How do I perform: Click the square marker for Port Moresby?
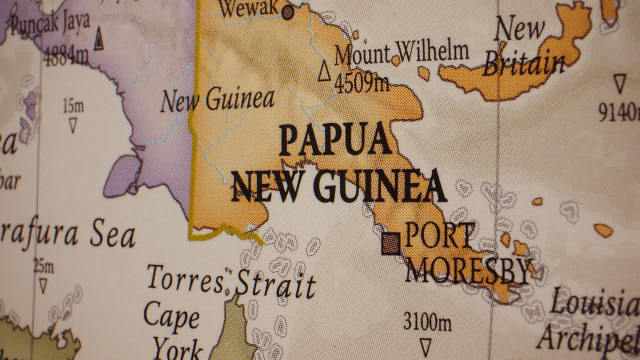(391, 243)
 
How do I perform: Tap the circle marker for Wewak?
(287, 11)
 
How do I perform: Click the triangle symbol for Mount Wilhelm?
(324, 71)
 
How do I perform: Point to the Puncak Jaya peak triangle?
(98, 39)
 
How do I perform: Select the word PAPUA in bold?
(335, 139)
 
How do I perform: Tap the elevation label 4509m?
(361, 83)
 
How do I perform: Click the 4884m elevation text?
(65, 55)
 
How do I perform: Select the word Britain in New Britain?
(523, 65)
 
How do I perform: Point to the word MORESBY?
(467, 271)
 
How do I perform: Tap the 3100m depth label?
(427, 322)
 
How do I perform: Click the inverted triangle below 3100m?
(425, 346)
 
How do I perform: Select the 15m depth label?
(73, 106)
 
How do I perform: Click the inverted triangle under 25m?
(43, 286)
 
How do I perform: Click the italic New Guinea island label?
(217, 100)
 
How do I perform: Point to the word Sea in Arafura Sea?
(113, 235)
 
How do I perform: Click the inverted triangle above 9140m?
(619, 83)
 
